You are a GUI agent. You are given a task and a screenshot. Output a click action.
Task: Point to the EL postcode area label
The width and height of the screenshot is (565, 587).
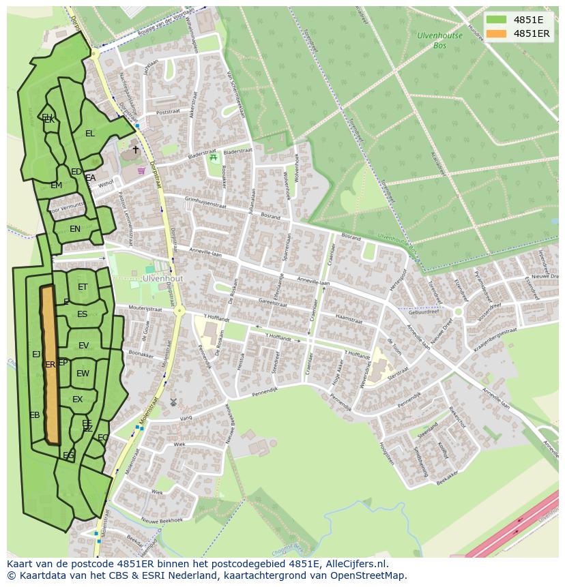90,134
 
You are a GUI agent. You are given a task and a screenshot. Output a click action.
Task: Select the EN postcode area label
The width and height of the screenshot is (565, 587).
75,229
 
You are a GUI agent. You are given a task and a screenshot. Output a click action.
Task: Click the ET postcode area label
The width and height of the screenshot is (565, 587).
83,287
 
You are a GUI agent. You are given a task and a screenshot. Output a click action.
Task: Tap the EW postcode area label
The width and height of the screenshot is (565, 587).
83,374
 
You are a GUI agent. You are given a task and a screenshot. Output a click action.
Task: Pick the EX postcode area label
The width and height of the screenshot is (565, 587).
77,400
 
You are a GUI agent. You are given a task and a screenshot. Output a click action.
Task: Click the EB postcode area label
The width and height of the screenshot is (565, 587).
34,415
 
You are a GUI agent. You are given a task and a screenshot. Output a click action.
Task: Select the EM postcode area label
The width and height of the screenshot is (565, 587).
56,185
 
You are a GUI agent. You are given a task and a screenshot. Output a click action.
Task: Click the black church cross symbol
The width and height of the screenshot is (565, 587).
135,149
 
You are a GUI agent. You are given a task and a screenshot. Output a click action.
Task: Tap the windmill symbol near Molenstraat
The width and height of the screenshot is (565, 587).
173,402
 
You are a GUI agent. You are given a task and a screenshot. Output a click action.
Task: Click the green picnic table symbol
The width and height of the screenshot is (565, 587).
214,157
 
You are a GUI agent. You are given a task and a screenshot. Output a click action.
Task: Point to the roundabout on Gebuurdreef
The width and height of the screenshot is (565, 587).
459,312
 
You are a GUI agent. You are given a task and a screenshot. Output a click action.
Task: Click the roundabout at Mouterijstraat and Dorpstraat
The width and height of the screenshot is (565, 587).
179,311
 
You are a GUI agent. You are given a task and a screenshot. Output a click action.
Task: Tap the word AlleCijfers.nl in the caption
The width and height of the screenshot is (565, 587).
355,565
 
